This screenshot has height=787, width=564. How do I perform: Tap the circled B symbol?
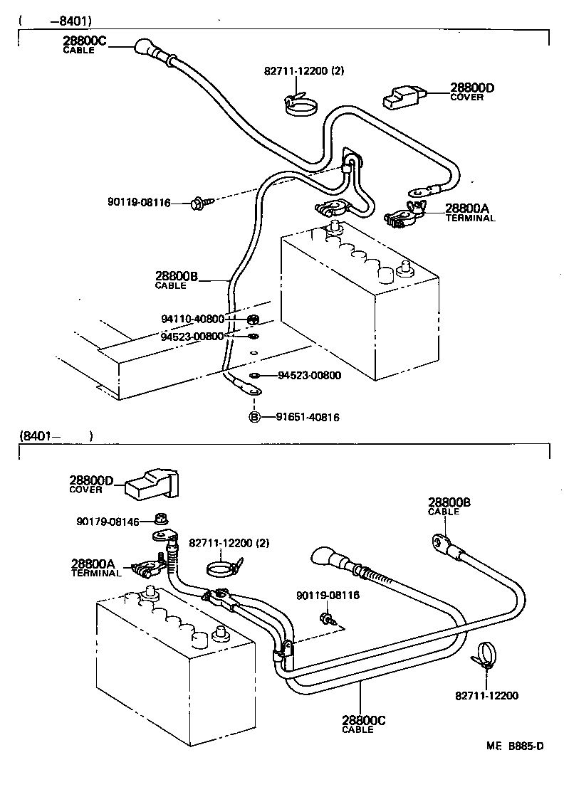point(254,417)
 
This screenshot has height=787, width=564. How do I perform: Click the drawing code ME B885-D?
point(515,746)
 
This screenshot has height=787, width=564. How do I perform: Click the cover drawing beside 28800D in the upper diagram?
point(404,99)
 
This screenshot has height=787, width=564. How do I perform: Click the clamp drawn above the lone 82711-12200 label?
point(486,654)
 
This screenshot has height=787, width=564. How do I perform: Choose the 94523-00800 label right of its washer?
point(308,375)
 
